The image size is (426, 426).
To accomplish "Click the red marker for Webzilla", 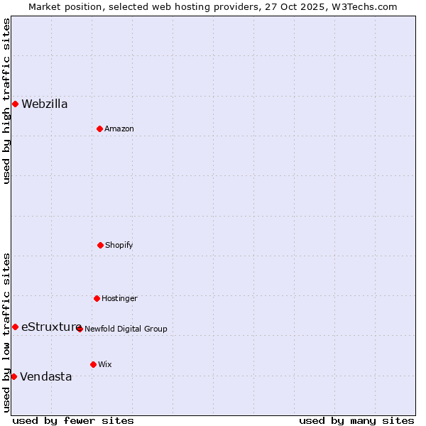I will [15, 104].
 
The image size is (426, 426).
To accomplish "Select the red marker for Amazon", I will [99, 129].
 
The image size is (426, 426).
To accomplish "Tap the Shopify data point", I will [100, 245].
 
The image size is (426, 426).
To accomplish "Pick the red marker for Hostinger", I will [97, 298].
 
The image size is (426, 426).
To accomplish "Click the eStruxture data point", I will [15, 327].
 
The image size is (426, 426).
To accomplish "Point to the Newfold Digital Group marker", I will [80, 329].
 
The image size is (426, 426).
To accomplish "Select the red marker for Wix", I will [93, 364].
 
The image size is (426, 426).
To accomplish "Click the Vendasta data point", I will [13, 376].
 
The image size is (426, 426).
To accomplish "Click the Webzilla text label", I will [45, 104].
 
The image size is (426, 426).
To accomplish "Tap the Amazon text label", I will [119, 129].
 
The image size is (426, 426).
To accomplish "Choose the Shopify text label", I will [119, 245].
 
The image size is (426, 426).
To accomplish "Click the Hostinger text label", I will [119, 298].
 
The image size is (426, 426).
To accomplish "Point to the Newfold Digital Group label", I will [126, 329].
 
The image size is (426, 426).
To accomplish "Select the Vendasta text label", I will [46, 376].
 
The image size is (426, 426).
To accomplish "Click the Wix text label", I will [105, 364].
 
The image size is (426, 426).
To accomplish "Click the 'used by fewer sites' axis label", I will [73, 420].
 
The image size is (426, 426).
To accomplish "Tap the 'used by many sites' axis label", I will [356, 420].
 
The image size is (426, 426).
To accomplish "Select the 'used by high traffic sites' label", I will [6, 101].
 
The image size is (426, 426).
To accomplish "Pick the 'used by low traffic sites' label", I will [6, 332].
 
